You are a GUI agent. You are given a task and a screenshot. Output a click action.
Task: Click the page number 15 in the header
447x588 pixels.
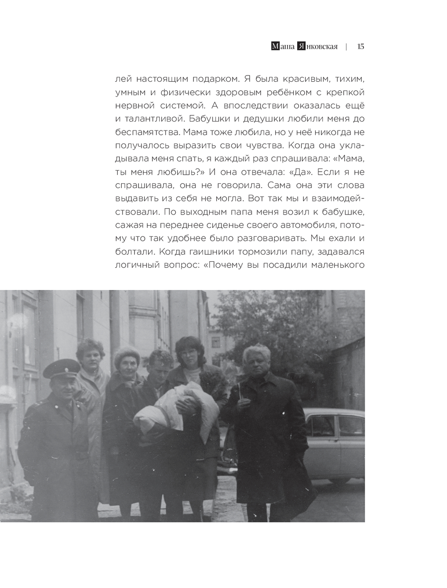(361, 46)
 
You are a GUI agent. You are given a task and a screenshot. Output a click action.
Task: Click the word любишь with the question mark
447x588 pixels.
(178, 172)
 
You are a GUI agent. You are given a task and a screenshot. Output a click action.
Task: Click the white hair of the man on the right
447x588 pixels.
(256, 351)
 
